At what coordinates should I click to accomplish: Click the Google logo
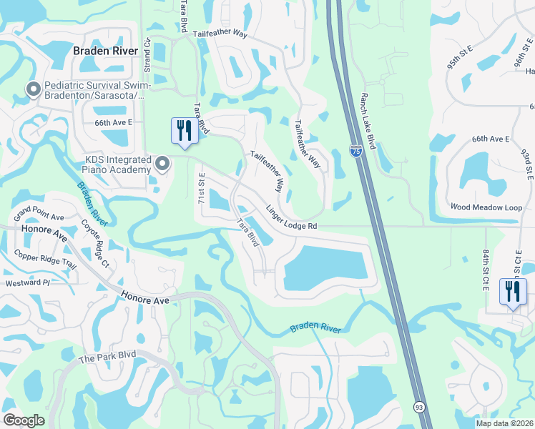click(24, 420)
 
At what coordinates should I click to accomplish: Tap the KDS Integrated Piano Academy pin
click(162, 164)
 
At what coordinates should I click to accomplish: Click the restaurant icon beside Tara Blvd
click(185, 132)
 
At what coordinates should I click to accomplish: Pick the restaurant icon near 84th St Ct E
click(513, 292)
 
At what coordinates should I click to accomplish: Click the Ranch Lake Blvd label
click(373, 115)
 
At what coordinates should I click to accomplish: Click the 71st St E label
click(202, 186)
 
